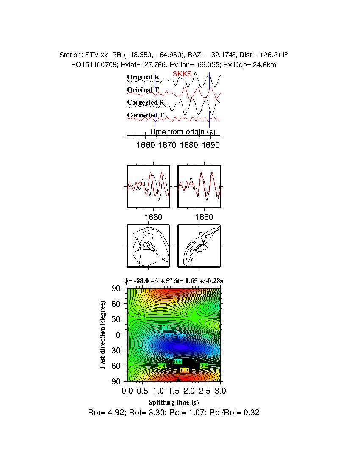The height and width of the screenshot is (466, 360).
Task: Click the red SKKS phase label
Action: click(x=182, y=74)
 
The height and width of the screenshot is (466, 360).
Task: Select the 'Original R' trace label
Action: click(x=143, y=77)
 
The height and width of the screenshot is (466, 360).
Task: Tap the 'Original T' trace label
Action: click(x=143, y=90)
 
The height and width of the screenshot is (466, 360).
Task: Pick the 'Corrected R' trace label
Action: click(x=145, y=103)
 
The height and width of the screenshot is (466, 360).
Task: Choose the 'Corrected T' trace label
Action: click(x=145, y=115)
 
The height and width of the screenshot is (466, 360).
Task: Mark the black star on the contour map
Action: click(x=178, y=380)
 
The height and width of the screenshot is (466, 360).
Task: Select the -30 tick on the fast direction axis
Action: click(x=115, y=350)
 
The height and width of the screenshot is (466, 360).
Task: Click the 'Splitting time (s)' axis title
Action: click(x=174, y=402)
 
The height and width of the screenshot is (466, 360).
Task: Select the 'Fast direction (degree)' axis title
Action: click(x=103, y=335)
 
